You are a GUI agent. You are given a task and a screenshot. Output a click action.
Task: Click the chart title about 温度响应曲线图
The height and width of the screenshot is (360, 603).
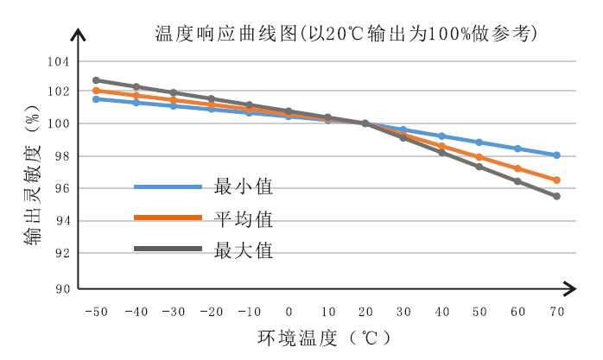tap(346, 34)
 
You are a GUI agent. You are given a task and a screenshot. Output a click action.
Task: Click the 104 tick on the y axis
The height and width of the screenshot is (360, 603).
tap(57, 61)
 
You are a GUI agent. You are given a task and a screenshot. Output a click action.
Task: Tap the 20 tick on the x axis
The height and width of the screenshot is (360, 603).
tap(365, 311)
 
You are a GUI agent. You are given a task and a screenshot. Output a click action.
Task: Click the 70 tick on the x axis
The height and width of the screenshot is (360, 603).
tap(556, 311)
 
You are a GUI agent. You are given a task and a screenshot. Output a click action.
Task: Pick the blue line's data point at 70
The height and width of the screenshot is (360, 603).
tap(556, 155)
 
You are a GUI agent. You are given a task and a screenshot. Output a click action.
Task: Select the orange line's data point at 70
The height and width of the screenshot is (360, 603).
tap(556, 180)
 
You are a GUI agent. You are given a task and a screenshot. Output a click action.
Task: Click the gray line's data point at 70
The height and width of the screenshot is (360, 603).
tap(556, 196)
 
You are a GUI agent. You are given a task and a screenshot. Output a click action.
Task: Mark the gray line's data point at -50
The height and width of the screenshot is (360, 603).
tap(96, 80)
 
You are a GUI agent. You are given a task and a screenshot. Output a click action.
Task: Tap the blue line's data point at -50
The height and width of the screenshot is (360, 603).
tap(96, 99)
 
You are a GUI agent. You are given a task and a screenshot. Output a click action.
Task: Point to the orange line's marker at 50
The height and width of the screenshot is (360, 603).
tap(479, 157)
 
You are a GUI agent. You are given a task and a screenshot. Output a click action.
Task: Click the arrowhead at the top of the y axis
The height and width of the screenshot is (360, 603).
tap(79, 35)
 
